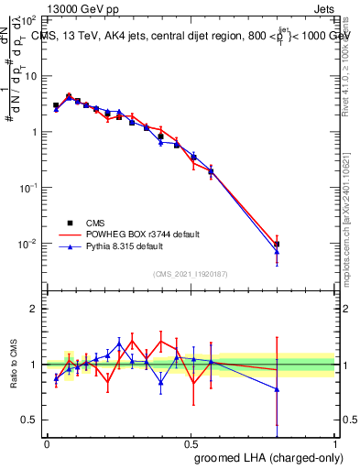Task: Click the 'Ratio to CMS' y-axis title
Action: (14, 364)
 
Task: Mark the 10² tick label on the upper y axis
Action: (27, 19)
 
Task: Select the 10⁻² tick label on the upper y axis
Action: (27, 244)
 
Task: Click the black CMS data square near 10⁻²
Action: (277, 244)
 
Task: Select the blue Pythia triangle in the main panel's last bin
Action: (277, 251)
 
